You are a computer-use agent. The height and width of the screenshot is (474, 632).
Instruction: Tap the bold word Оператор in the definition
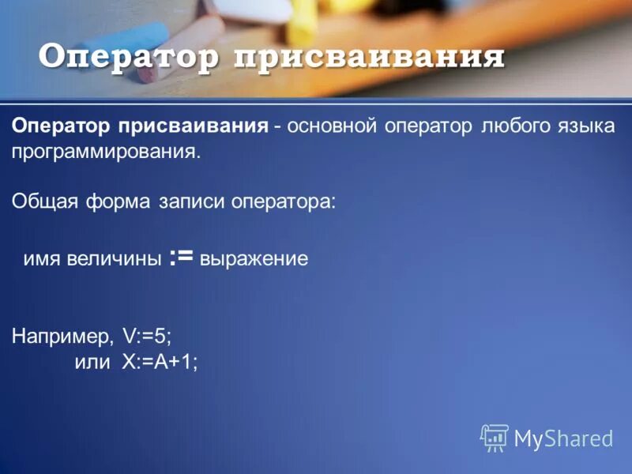61,126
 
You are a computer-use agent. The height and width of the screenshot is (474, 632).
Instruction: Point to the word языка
586,126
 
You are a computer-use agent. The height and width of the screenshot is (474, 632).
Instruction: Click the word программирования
107,152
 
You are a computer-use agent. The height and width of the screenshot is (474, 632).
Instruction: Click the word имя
40,259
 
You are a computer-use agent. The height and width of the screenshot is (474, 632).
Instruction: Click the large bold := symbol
182,257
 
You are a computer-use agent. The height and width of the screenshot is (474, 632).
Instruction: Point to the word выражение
254,259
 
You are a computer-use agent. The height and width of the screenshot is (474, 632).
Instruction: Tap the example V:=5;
147,335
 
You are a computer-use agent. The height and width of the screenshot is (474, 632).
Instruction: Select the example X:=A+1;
160,360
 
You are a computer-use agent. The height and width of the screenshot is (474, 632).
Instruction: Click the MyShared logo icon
495,436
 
